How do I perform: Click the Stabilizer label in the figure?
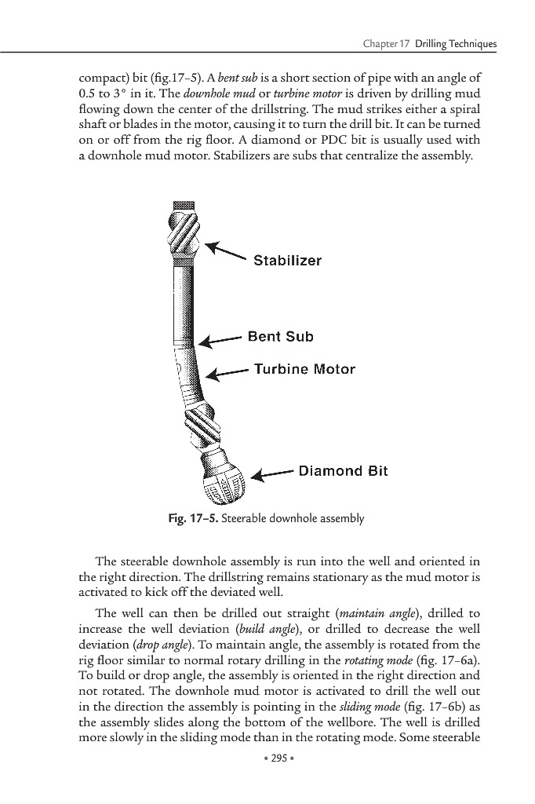pyautogui.click(x=287, y=261)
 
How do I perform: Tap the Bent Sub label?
pyautogui.click(x=280, y=337)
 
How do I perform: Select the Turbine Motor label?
pyautogui.click(x=304, y=369)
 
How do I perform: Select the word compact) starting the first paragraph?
pyautogui.click(x=106, y=79)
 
